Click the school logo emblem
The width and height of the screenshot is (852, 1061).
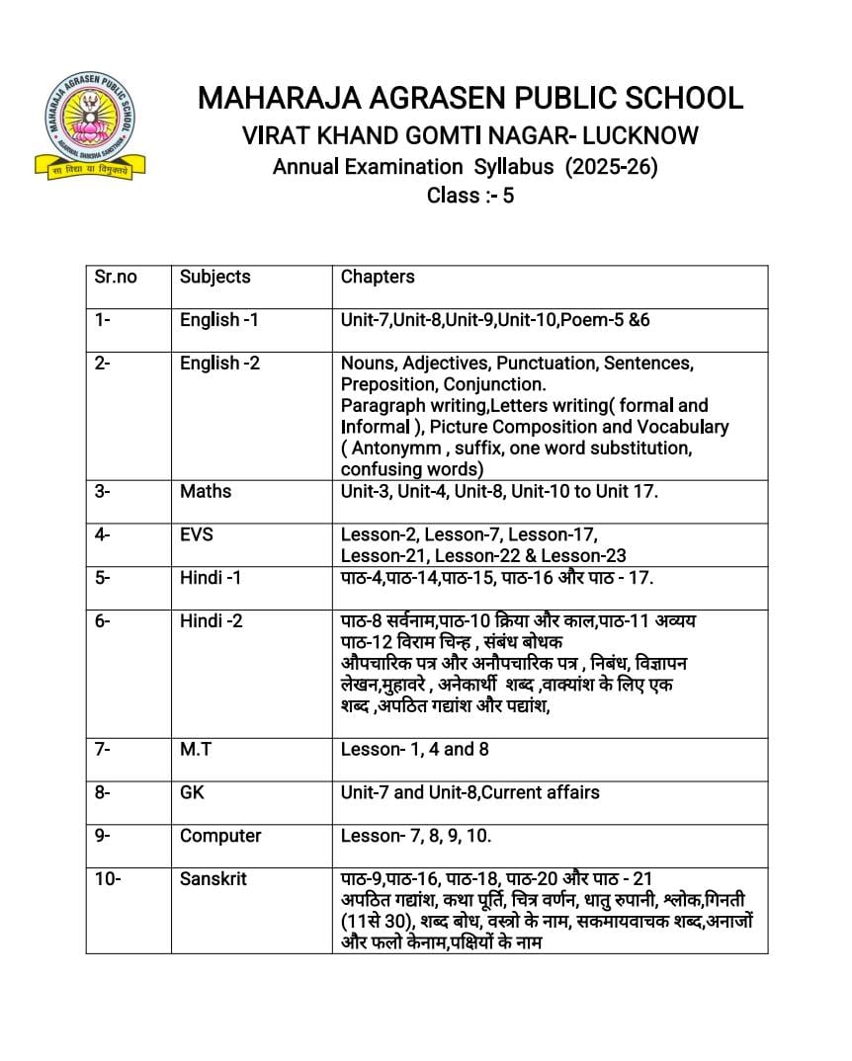pos(90,125)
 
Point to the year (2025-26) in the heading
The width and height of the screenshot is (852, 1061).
pos(611,166)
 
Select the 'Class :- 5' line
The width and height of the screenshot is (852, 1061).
pos(470,196)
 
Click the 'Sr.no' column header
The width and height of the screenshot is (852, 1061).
pos(116,277)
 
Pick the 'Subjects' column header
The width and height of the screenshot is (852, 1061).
pos(215,277)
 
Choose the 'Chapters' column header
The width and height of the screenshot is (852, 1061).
pos(378,277)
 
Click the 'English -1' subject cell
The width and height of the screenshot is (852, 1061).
pos(219,320)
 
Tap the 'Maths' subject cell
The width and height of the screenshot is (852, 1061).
pos(206,491)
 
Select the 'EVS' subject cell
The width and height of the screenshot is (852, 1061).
pos(197,534)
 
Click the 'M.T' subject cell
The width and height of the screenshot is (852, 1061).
pos(196,749)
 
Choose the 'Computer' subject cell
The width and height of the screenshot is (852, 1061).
pos(220,836)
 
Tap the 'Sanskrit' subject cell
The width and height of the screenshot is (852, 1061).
pos(213,878)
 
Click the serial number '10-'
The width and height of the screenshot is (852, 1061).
pos(108,878)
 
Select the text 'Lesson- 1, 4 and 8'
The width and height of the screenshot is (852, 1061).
pos(415,749)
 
